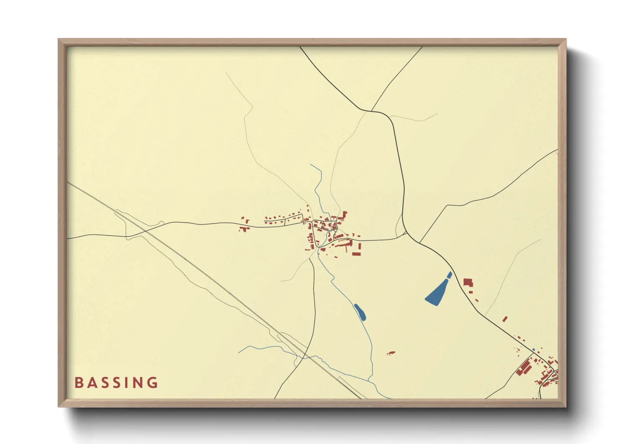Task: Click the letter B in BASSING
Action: [x=78, y=383]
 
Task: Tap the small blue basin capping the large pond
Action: [x=449, y=274]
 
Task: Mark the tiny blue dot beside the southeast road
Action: [x=534, y=350]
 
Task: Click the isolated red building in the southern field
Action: [x=391, y=353]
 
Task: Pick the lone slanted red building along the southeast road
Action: [x=505, y=319]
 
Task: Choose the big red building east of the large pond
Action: [x=467, y=282]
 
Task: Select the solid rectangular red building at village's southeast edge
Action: [x=356, y=254]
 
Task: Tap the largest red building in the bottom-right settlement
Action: [x=524, y=368]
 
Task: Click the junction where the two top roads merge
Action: [x=371, y=111]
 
